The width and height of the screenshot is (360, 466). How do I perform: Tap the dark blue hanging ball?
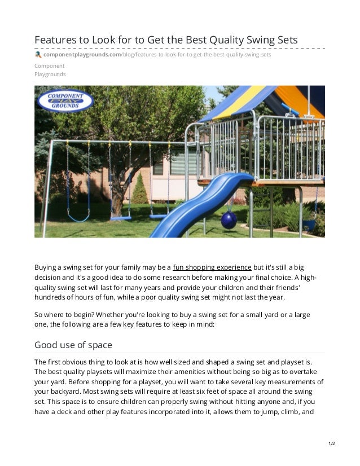(x=229, y=220)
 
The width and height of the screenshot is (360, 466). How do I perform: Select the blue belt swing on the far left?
(x=79, y=217)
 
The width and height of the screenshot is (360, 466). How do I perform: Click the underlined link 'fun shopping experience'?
(x=212, y=267)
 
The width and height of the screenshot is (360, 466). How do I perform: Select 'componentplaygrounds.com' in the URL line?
(x=82, y=55)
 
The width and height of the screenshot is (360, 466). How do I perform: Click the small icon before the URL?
(x=38, y=55)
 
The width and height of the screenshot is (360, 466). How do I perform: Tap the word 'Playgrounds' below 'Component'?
(x=50, y=74)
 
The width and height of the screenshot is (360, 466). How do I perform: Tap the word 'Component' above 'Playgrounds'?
(x=49, y=66)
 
